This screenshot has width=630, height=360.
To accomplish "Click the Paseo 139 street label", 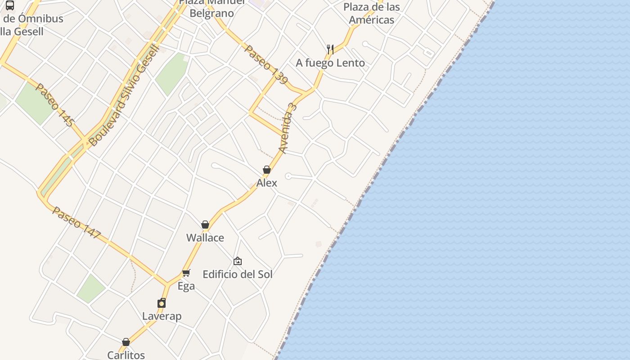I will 265,64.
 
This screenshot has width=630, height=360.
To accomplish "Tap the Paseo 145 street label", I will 54,105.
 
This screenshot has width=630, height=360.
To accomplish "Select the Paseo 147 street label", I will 77,223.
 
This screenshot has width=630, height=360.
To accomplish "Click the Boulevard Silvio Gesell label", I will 124,95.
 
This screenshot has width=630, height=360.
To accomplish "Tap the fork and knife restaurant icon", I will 330,49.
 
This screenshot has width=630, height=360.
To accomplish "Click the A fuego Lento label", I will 330,63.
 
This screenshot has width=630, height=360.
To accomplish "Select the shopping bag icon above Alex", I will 267,170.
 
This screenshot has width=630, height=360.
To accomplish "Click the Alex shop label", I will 267,183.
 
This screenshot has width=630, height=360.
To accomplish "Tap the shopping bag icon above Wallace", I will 205,225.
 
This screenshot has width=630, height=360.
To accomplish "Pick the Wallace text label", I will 205,238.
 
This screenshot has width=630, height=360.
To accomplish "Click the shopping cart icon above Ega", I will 186,273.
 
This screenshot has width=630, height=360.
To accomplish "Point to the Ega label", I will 186,286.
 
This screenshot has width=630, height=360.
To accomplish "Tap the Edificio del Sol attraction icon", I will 238,261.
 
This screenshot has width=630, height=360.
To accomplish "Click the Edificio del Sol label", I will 238,274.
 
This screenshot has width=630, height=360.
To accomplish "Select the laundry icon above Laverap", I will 162,303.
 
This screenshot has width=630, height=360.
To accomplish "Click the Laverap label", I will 162,316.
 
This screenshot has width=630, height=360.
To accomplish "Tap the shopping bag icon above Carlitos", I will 126,342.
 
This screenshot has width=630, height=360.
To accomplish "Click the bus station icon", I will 10,5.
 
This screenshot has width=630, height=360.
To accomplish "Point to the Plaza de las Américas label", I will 372,13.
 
